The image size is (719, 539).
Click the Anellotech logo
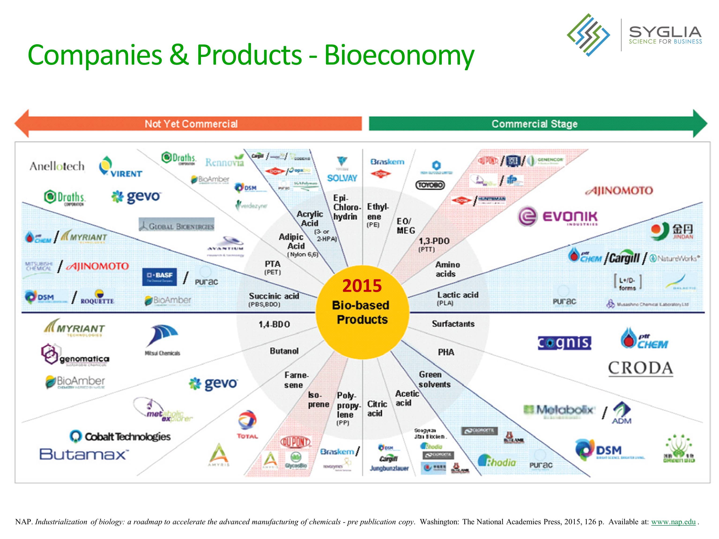[57, 166]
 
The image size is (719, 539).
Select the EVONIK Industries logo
[558, 216]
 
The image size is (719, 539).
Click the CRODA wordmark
[640, 369]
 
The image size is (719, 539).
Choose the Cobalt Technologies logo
[120, 436]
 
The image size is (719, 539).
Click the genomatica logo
[75, 355]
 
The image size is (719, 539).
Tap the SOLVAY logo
[342, 170]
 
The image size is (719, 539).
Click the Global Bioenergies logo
[177, 225]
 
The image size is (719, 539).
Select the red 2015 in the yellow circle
[362, 286]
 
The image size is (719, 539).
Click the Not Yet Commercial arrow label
[191, 124]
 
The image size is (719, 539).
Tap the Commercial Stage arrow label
[534, 124]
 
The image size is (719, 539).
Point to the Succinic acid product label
[274, 296]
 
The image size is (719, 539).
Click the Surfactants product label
[453, 324]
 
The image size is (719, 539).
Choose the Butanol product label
[284, 351]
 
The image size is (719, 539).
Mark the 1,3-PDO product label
[434, 241]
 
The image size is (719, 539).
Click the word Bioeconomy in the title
[399, 55]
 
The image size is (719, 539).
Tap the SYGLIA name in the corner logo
[665, 32]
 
